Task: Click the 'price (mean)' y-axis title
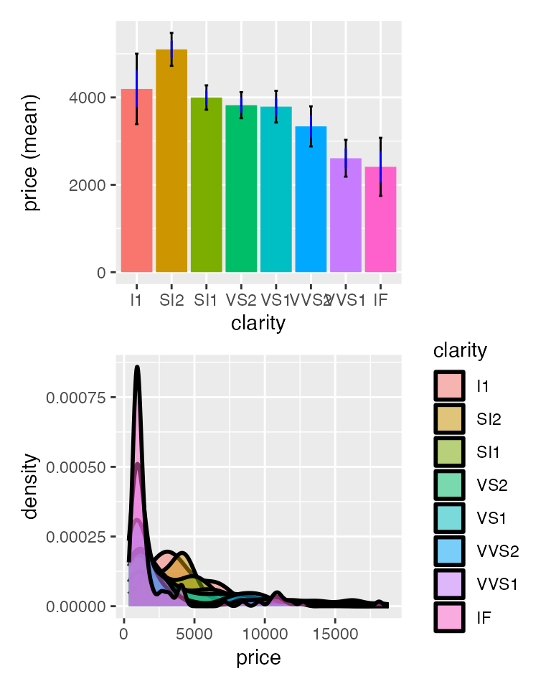(x=30, y=152)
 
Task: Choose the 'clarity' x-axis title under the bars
(x=258, y=323)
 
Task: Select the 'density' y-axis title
(x=30, y=486)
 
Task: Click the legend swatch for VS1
(x=450, y=517)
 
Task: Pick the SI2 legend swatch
(x=450, y=418)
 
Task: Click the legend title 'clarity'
(x=460, y=350)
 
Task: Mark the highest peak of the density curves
(x=137, y=367)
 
